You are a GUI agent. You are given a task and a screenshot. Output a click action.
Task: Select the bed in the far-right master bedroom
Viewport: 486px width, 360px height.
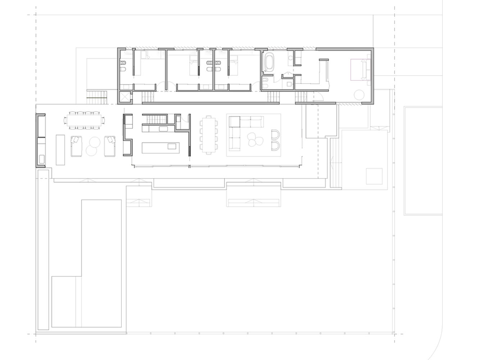[x=360, y=69]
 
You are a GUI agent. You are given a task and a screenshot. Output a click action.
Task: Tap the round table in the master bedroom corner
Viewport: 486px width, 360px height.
[x=359, y=95]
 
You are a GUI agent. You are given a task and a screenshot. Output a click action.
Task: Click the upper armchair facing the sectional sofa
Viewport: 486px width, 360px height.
[x=276, y=135]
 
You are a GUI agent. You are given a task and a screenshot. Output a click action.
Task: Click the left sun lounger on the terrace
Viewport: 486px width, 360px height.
[x=76, y=146]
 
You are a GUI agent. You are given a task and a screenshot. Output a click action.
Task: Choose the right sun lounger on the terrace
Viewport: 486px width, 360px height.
[x=109, y=146]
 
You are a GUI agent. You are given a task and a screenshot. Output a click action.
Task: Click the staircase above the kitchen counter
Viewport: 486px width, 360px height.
[x=155, y=119]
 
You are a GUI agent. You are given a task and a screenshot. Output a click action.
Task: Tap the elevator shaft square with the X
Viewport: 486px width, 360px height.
[x=124, y=97]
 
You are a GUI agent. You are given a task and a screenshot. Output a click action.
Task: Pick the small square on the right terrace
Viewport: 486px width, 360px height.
[x=374, y=176]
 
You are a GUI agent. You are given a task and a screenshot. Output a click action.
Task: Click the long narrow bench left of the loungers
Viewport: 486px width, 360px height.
[x=60, y=150]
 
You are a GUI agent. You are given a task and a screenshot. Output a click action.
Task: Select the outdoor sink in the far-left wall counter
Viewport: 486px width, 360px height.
[x=41, y=159]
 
